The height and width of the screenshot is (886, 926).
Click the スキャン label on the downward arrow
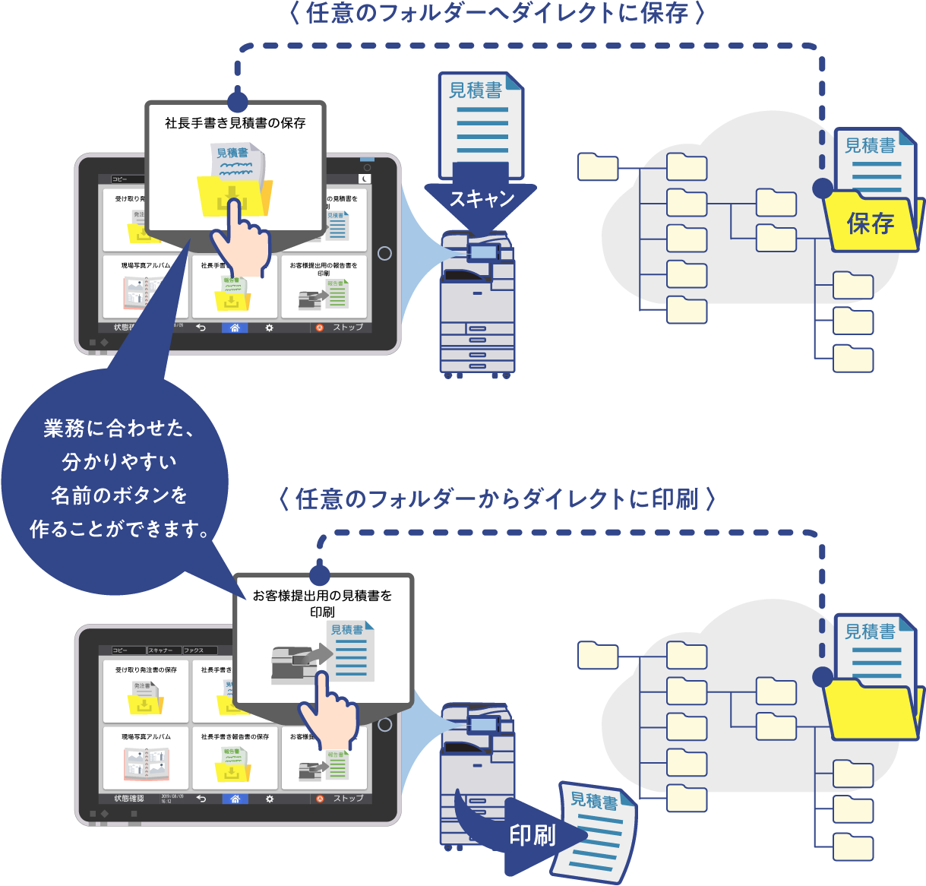[x=482, y=199]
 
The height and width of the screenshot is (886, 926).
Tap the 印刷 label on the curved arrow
[x=533, y=835]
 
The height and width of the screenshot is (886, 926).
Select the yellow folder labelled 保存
[x=872, y=223]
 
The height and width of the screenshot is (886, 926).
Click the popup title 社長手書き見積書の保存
[x=235, y=122]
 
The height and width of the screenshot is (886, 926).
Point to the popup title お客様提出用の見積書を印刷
[x=323, y=603]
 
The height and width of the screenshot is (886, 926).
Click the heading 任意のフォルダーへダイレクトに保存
[x=498, y=13]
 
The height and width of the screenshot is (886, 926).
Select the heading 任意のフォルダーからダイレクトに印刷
[x=497, y=499]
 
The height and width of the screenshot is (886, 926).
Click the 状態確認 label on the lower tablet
[x=128, y=799]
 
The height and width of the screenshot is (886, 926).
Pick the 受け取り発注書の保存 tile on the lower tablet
[x=146, y=691]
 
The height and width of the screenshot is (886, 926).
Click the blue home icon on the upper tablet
[x=235, y=328]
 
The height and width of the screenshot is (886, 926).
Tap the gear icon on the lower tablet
[x=270, y=799]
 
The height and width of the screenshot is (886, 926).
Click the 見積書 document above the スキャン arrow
[x=480, y=122]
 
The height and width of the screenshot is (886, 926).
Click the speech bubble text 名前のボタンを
[x=119, y=495]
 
